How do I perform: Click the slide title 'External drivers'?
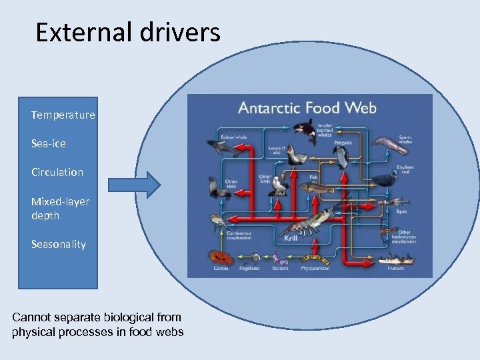pyautogui.click(x=127, y=32)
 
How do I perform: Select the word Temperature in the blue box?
pyautogui.click(x=63, y=115)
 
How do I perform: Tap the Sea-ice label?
pyautogui.click(x=48, y=143)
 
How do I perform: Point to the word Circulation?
pyautogui.click(x=57, y=172)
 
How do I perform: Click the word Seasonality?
pyautogui.click(x=58, y=244)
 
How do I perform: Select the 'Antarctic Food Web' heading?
pyautogui.click(x=307, y=108)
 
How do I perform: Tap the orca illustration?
pyautogui.click(x=307, y=131)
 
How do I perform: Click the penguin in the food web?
pyautogui.click(x=342, y=157)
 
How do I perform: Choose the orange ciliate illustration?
pyautogui.click(x=218, y=257)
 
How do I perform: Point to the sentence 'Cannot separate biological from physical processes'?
pyautogui.click(x=97, y=325)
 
